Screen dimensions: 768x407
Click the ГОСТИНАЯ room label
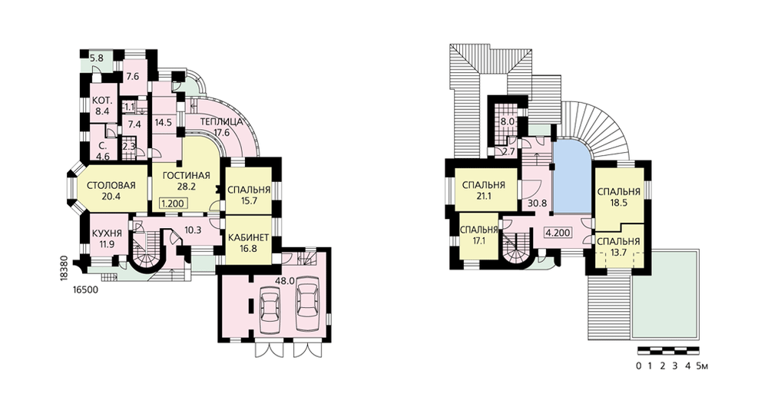(186, 176)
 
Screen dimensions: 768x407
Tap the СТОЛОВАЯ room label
(111, 186)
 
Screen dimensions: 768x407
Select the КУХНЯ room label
(107, 233)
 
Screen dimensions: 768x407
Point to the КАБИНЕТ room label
(248, 238)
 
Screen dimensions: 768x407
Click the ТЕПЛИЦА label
(221, 122)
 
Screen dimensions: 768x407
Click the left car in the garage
(270, 309)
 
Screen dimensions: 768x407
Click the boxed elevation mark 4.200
(558, 233)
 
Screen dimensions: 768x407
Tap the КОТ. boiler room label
(103, 101)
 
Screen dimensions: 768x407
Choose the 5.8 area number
(97, 58)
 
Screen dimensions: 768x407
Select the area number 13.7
(618, 252)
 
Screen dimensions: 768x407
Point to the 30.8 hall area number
(538, 203)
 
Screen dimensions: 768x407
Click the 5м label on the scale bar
(703, 366)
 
